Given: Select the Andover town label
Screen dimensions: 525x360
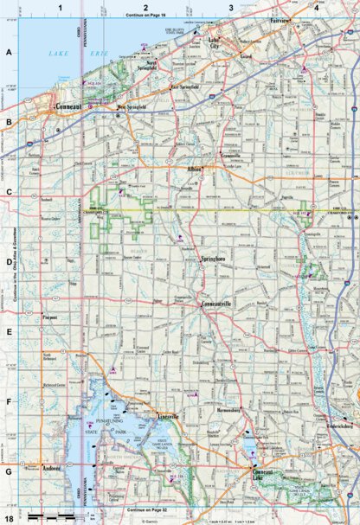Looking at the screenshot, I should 52,468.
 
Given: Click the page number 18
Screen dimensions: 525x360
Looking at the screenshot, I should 8,518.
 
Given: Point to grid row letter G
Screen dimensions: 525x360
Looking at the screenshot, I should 8,472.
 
